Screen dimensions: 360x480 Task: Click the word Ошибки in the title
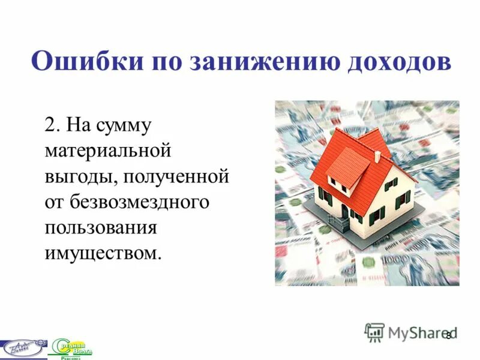(77, 62)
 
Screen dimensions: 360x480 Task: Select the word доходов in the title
(393, 62)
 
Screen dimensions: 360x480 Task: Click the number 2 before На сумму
(49, 127)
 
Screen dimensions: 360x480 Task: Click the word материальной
(109, 152)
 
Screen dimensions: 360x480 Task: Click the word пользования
(101, 227)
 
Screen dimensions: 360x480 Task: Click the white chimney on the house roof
(377, 155)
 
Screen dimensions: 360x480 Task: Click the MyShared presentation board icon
(374, 332)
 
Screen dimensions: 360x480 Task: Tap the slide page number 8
(448, 335)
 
